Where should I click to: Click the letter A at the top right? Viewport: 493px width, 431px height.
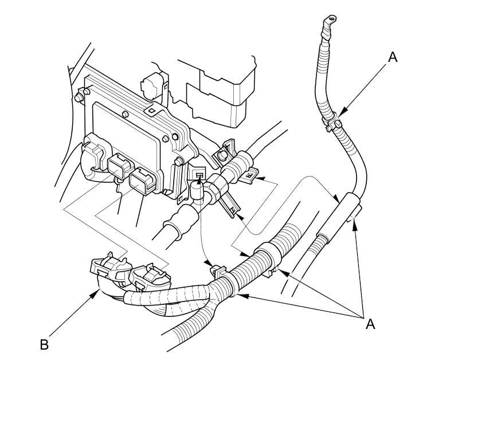click(392, 57)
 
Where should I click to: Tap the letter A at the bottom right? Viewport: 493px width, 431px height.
click(370, 324)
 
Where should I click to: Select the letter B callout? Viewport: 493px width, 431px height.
click(44, 345)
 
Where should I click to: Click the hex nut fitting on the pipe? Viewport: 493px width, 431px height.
click(218, 186)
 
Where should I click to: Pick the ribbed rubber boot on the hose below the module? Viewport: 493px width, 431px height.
click(181, 221)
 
